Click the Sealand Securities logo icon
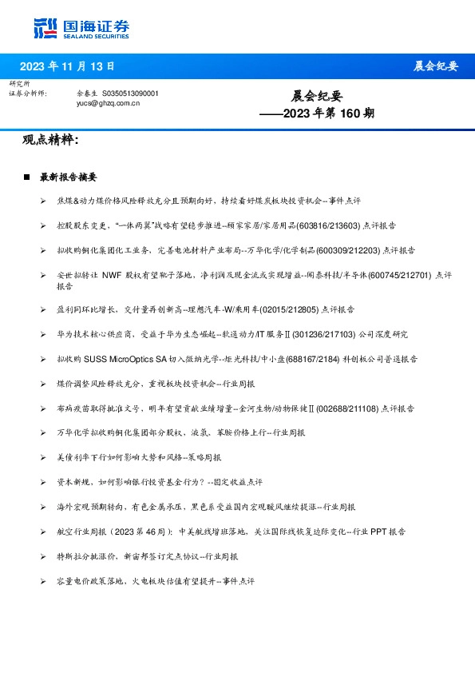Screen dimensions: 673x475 pos(46,28)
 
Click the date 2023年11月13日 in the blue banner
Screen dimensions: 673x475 pos(67,66)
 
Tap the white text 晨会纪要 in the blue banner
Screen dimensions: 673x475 pos(436,66)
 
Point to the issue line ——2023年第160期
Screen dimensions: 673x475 pos(317,113)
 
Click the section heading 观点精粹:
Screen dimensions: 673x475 pos(51,141)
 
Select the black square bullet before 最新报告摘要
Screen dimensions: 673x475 pos(28,176)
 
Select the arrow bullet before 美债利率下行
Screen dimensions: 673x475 pos(43,458)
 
